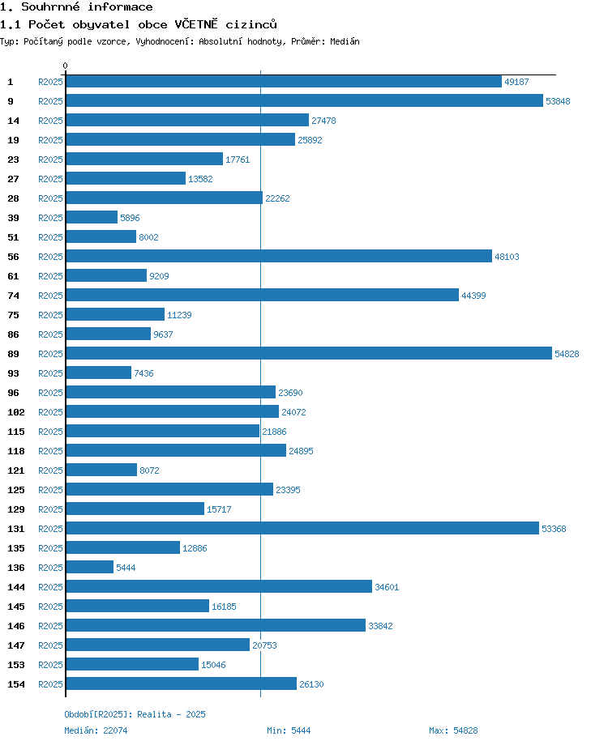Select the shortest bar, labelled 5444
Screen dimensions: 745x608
tap(90, 568)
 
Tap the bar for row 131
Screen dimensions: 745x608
tap(302, 529)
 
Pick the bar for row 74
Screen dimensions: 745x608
tap(262, 296)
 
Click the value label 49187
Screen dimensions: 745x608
tap(516, 82)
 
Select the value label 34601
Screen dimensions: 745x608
tap(387, 587)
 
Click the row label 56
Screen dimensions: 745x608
tap(13, 257)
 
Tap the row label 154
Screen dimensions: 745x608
tap(15, 684)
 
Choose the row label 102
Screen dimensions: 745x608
tap(15, 412)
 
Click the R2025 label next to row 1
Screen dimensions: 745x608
tap(50, 82)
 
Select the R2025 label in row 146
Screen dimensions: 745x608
tap(50, 626)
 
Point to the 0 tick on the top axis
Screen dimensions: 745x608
tap(66, 66)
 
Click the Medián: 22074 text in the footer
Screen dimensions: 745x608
tap(96, 730)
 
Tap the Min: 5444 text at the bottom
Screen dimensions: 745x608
tap(289, 730)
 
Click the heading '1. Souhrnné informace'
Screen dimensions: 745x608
tap(76, 7)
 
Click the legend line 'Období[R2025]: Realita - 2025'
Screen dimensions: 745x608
tap(135, 714)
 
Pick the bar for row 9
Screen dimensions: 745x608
tap(304, 101)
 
